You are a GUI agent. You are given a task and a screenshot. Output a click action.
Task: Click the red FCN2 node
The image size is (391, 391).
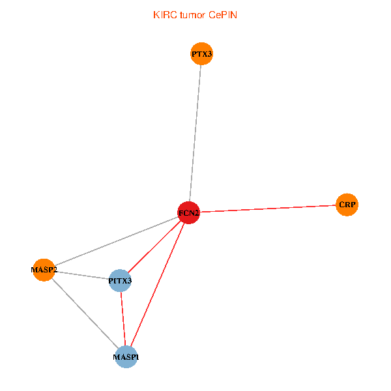point(189,212)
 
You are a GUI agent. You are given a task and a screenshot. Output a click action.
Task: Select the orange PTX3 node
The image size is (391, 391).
point(202,53)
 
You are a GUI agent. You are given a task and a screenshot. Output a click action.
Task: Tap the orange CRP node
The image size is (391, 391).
point(347,205)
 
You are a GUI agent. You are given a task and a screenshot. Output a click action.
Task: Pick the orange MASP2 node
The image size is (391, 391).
point(44,270)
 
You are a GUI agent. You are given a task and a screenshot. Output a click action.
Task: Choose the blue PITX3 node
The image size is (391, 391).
point(120,280)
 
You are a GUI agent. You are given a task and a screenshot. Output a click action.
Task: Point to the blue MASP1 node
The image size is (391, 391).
point(126,357)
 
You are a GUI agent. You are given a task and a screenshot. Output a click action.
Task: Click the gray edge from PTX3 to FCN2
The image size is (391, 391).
point(195,133)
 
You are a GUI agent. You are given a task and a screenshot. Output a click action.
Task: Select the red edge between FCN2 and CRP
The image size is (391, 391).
point(268,209)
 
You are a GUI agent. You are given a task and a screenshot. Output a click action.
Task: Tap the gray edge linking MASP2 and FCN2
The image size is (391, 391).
point(116,241)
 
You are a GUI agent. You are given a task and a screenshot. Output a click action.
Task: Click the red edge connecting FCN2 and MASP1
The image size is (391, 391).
point(158,285)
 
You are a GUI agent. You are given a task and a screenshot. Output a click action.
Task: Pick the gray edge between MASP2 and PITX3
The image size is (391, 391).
point(82,275)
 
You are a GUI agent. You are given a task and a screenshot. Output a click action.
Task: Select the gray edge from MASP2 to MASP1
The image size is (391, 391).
point(85,313)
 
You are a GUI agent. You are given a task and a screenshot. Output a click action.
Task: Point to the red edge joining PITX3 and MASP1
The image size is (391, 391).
point(123,319)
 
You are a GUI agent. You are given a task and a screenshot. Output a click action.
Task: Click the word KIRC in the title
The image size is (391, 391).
point(165,15)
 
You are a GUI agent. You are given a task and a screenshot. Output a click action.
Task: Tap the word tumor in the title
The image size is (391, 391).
point(193,15)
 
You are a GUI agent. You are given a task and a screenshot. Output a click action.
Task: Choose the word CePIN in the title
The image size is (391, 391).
point(223,15)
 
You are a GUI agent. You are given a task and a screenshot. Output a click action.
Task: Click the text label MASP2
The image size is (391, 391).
point(44,270)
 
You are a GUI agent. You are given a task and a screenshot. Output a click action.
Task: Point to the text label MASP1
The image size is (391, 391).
point(126,357)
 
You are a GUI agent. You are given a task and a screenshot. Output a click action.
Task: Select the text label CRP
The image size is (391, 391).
point(347,205)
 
